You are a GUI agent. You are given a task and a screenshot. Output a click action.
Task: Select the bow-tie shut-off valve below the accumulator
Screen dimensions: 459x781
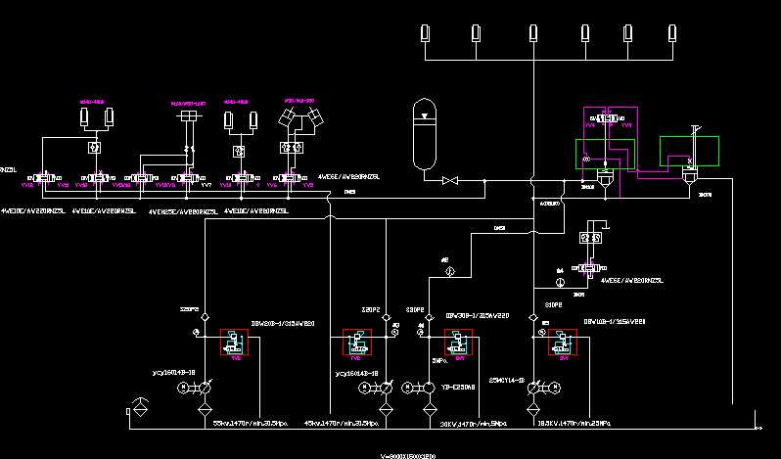tap(451, 181)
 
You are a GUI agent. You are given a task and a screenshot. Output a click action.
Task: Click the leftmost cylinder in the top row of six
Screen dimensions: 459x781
tap(426, 32)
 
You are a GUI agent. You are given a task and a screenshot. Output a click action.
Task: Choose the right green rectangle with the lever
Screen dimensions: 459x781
tap(689, 152)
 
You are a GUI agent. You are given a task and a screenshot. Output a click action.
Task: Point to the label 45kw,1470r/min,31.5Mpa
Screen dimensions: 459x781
tap(341, 423)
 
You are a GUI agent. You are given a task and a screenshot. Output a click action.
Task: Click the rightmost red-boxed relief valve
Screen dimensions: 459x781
tap(562, 344)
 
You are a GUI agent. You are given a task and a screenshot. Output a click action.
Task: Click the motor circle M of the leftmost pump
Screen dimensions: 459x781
tap(183, 389)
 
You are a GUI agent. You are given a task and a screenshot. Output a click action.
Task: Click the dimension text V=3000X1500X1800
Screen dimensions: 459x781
tap(409, 456)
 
